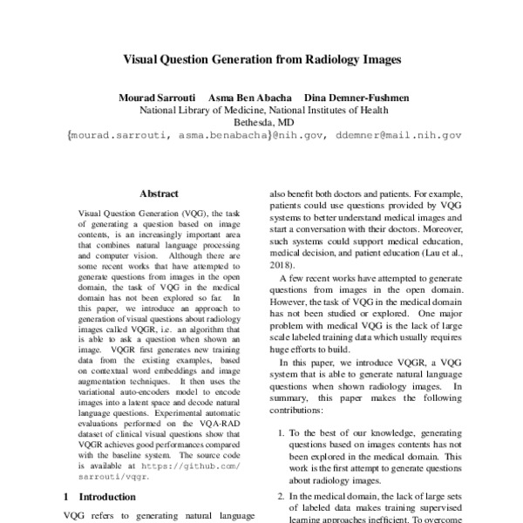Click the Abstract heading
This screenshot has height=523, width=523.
[159, 194]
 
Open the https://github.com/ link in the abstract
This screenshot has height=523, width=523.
[198, 466]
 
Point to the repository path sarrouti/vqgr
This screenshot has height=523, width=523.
[111, 478]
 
